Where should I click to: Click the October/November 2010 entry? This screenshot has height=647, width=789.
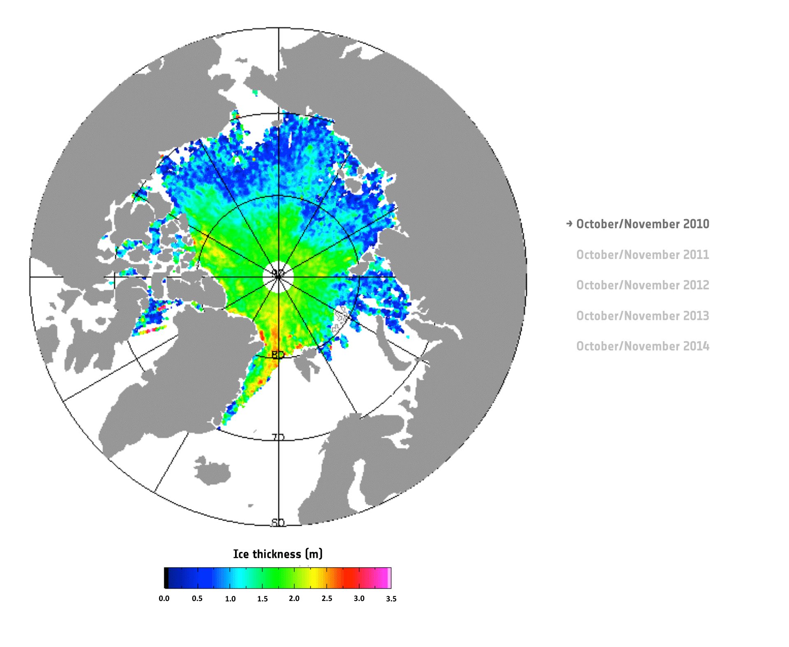[642, 224]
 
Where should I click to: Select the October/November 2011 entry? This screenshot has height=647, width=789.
[642, 255]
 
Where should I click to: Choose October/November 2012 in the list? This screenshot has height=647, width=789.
[642, 285]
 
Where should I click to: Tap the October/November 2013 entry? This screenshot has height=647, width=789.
[642, 316]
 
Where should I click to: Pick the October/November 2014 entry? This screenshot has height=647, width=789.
[642, 346]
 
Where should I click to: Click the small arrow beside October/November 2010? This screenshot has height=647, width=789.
[569, 224]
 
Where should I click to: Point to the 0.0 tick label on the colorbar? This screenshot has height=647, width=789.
[164, 598]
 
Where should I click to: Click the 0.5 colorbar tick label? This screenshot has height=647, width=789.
[197, 598]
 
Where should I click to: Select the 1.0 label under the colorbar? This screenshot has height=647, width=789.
[230, 598]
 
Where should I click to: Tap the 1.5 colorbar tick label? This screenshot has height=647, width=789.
[263, 598]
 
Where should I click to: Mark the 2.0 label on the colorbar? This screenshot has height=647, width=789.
[294, 598]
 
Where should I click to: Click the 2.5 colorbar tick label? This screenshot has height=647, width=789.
[327, 598]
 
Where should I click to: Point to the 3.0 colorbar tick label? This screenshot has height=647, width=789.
[359, 598]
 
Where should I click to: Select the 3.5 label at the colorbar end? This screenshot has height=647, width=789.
[391, 598]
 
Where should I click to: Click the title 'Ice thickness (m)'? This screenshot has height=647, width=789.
[278, 554]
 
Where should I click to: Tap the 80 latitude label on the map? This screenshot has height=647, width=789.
[278, 354]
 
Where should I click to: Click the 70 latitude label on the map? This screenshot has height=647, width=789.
[278, 437]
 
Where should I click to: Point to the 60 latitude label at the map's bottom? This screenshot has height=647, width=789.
[278, 522]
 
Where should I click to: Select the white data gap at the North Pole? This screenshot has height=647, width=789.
[278, 277]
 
